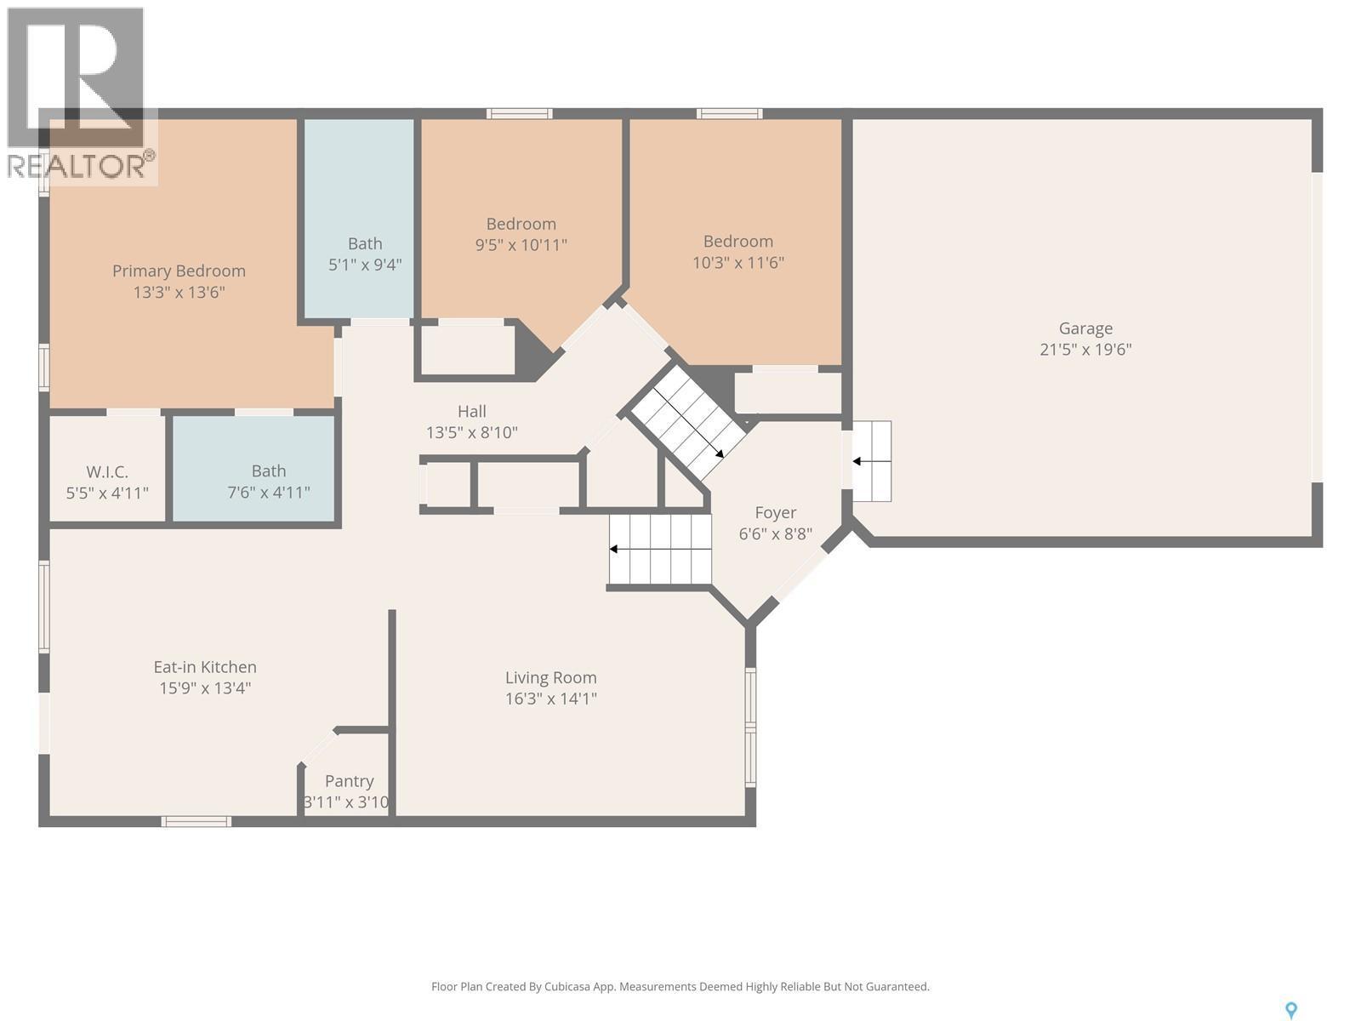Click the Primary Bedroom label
tap(179, 271)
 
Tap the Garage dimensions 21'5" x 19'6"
tap(1085, 350)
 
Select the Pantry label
tap(349, 781)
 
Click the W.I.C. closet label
tap(107, 471)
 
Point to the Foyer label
tap(775, 512)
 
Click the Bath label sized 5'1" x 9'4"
tap(365, 244)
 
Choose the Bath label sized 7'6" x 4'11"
tap(268, 471)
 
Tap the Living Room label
tap(550, 677)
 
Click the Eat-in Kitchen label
tap(205, 667)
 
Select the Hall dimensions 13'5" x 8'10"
tap(471, 432)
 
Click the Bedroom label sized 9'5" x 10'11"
tap(521, 224)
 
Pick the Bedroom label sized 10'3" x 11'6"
tap(737, 241)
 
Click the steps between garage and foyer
tap(872, 461)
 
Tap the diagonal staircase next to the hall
tap(687, 422)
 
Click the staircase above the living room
tap(660, 550)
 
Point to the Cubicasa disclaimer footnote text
tap(680, 987)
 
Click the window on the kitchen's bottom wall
tap(196, 821)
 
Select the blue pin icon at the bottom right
tap(1290, 1010)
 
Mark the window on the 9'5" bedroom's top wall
tap(519, 113)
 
